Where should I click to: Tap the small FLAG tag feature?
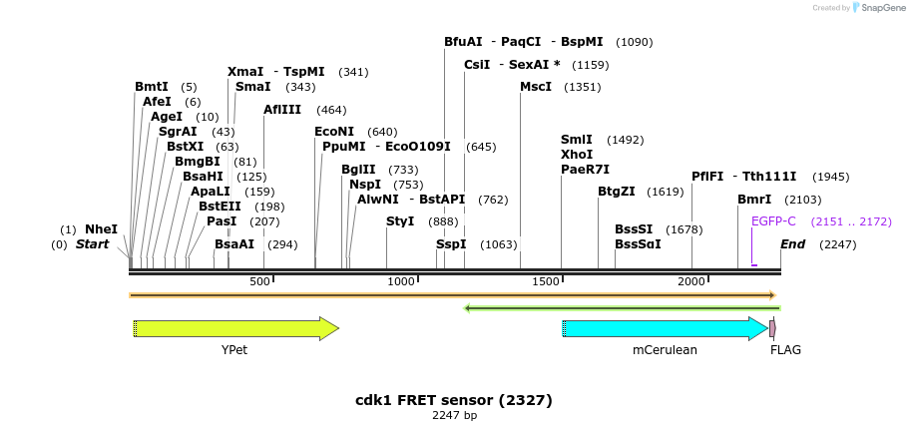tap(773, 328)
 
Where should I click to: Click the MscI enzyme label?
tap(536, 87)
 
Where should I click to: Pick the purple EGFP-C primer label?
tap(773, 221)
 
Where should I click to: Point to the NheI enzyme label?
tap(101, 229)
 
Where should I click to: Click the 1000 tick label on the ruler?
tap(401, 282)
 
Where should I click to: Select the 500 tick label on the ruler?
tap(259, 282)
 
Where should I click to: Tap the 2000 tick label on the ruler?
tap(691, 282)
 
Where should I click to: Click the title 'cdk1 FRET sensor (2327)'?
tap(454, 400)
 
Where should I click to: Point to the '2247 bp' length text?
tap(454, 415)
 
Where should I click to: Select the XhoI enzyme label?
tap(577, 155)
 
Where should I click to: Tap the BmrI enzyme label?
tap(754, 200)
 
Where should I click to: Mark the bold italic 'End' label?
tap(792, 244)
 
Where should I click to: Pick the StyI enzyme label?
tap(400, 221)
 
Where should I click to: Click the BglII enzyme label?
tap(358, 170)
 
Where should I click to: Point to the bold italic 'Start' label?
tap(92, 244)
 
